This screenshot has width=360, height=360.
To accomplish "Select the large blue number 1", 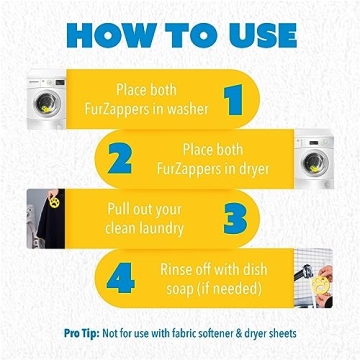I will click(x=234, y=99).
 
